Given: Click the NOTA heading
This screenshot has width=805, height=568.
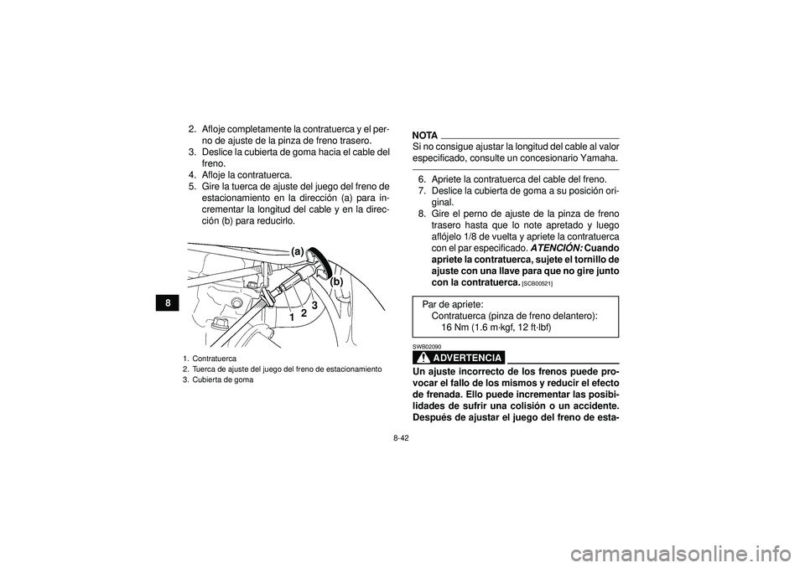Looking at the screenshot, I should coord(425,135).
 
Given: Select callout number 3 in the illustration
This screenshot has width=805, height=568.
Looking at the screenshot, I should coord(314,307).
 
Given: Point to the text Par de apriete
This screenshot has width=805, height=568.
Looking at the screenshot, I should coord(453,304).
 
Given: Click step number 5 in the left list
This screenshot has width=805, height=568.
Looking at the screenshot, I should coord(192,186).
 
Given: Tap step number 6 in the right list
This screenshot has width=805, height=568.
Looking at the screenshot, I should coord(422,179).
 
